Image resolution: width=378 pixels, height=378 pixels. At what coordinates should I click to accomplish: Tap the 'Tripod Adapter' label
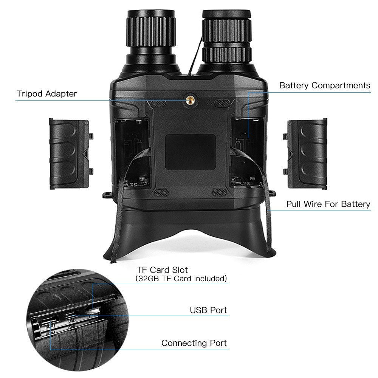point(46,94)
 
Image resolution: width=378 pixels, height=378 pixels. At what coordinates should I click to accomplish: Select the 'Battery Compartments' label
point(325,85)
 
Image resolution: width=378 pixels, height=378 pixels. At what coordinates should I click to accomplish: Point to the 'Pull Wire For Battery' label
point(328,204)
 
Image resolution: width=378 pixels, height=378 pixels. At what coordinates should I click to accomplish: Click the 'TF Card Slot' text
point(162,270)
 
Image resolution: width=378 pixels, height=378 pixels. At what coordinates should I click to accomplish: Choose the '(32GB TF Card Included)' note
point(181,279)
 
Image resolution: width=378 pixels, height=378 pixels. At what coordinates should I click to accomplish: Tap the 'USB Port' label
point(208,310)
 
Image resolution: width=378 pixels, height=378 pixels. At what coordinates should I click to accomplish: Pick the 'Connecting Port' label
point(194,343)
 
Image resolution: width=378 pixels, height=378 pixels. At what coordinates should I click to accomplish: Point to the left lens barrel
point(151,40)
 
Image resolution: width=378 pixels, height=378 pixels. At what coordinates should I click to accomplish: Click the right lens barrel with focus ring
point(226,39)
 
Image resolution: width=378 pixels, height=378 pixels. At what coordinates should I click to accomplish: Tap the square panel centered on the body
point(190,152)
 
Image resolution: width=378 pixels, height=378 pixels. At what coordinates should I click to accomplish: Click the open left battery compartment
point(133,153)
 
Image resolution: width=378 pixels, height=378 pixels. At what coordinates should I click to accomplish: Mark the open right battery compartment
point(247,153)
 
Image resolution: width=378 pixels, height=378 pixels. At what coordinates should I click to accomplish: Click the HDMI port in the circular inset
point(50,321)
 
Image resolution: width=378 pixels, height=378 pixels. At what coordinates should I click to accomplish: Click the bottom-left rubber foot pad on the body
point(161,192)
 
